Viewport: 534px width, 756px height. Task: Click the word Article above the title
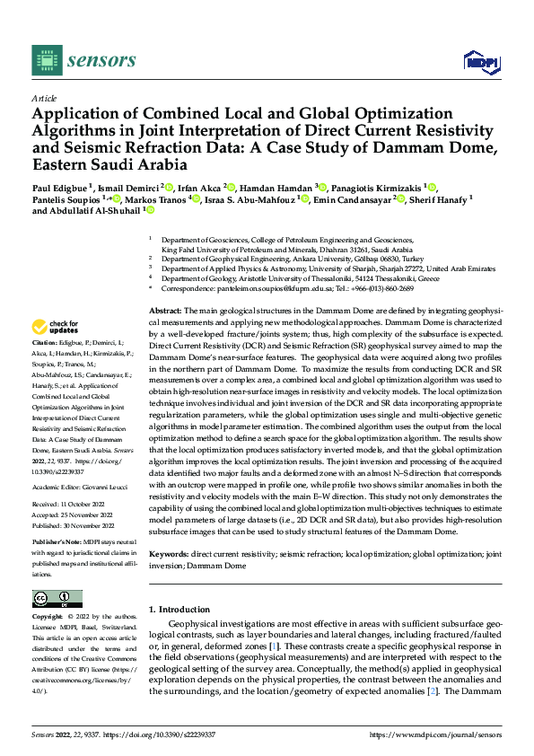pyautogui.click(x=44, y=97)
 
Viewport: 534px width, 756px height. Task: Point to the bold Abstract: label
pyautogui.click(x=165, y=284)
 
